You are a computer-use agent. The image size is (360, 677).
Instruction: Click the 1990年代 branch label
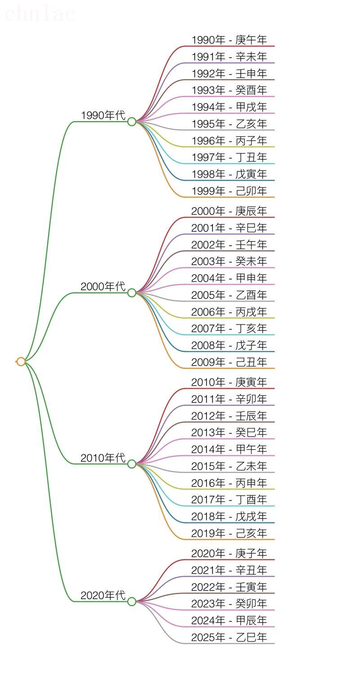click(x=103, y=115)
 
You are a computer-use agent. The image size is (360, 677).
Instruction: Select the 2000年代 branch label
click(x=103, y=286)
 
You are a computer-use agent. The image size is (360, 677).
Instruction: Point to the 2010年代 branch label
click(x=103, y=458)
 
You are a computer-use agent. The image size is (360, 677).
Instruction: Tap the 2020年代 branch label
click(x=103, y=595)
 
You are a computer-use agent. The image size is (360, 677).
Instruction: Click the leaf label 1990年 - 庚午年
click(x=229, y=40)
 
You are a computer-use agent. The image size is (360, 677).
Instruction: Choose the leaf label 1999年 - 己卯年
click(x=229, y=191)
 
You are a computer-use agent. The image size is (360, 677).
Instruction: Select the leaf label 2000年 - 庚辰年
click(x=229, y=211)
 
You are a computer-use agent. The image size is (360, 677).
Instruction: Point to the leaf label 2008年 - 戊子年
click(x=229, y=345)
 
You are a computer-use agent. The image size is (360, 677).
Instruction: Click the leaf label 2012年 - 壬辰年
click(x=229, y=416)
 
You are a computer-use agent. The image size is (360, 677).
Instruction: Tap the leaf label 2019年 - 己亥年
click(x=229, y=533)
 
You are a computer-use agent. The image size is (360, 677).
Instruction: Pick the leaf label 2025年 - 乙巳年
click(x=229, y=637)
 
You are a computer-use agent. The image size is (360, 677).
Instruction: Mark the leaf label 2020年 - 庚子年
click(x=229, y=553)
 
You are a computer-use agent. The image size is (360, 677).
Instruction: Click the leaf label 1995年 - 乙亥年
click(x=229, y=124)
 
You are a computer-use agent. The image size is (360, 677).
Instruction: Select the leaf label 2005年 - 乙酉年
click(x=229, y=295)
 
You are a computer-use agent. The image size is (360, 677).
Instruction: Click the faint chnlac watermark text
click(x=39, y=14)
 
